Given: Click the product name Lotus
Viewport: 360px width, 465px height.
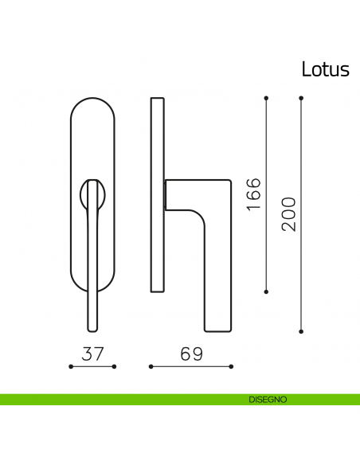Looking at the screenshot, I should click(325, 69).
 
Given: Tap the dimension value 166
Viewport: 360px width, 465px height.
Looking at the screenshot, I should click(253, 194).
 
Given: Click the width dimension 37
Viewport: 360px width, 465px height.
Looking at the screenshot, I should click(93, 354).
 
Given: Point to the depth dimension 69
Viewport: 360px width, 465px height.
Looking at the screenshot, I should click(191, 354).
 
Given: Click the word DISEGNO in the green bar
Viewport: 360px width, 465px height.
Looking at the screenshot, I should click(268, 399).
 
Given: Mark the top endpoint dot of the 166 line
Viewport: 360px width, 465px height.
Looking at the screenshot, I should click(266, 98).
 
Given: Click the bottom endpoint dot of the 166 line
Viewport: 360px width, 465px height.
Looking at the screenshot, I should click(266, 291).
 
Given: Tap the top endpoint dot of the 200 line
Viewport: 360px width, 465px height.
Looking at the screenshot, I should click(301, 98).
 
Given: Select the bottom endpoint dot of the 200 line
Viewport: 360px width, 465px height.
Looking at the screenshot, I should click(301, 330).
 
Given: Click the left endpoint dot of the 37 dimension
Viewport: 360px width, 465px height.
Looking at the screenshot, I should click(71, 366).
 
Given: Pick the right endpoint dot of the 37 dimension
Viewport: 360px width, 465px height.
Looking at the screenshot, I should click(115, 366).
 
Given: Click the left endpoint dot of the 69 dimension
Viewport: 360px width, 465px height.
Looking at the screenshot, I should click(151, 366).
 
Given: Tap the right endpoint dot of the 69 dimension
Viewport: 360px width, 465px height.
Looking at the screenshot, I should click(232, 366).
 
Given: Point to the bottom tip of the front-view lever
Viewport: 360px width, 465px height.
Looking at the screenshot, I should click(92, 327).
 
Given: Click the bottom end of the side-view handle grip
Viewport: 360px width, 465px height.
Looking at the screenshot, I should click(218, 328).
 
